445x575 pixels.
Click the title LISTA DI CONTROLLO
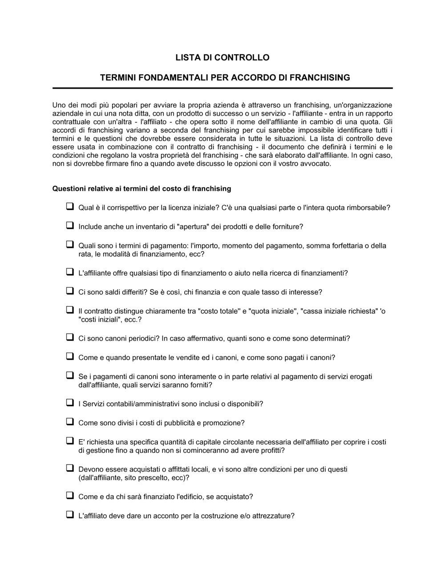pos(222,57)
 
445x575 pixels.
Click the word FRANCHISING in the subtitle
pos(320,78)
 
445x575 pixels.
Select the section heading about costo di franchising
pos(142,189)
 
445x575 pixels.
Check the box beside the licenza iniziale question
pos(70,207)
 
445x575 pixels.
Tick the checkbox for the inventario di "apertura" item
pos(70,226)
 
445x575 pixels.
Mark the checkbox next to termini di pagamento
pos(70,245)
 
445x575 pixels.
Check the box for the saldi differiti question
pos(70,292)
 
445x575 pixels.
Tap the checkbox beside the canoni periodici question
pos(70,337)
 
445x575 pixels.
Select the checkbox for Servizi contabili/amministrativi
pos(70,403)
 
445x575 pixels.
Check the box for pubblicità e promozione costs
pos(70,422)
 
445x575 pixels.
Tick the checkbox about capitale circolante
pos(70,441)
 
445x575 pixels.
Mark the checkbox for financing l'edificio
pos(70,496)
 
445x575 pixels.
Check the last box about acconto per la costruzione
pos(70,515)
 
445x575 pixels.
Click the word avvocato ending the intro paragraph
pos(316,164)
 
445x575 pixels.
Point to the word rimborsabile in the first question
pos(368,208)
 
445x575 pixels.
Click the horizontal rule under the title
pos(222,88)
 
